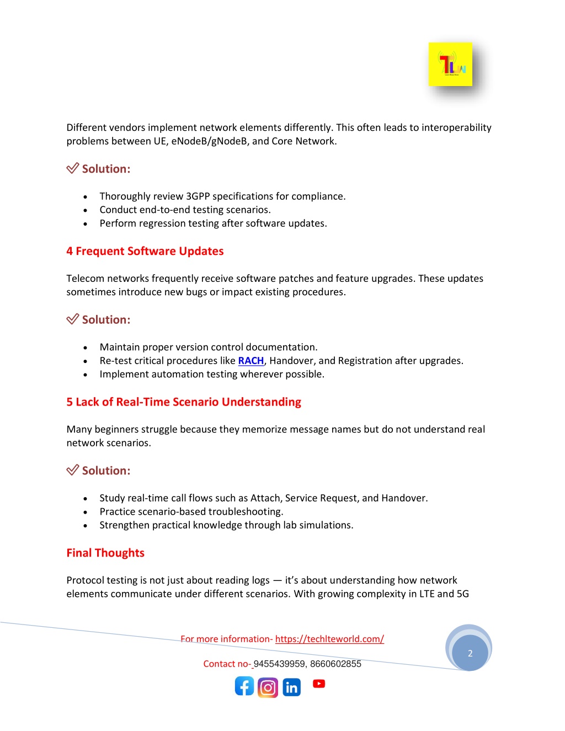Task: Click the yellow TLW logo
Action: point(450,64)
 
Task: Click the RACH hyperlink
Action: point(251,361)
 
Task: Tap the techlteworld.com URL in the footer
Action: point(329,639)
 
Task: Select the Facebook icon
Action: point(244,686)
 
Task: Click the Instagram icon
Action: point(268,687)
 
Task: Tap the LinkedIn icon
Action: point(291,687)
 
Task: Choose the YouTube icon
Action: point(319,684)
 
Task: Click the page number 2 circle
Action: point(470,653)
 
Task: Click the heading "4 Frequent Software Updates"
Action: point(145,251)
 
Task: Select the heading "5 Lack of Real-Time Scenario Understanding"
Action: point(184,402)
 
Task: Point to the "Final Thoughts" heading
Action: point(105,553)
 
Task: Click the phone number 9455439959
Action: point(279,664)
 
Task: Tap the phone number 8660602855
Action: point(335,664)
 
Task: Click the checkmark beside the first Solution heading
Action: point(72,168)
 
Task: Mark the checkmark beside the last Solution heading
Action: point(72,470)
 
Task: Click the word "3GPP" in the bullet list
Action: point(198,196)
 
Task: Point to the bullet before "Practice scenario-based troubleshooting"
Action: point(86,513)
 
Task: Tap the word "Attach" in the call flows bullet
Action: point(265,498)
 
